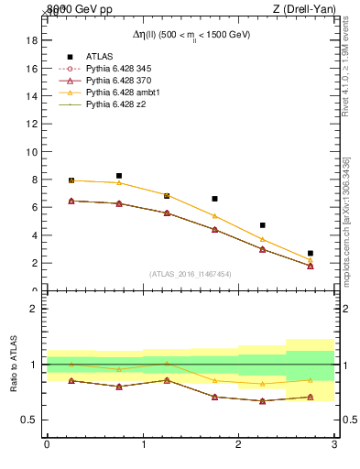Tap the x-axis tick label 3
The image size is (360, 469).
click(334, 444)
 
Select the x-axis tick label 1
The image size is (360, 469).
click(143, 444)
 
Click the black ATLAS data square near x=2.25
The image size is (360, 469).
click(263, 225)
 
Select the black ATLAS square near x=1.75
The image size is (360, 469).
click(214, 199)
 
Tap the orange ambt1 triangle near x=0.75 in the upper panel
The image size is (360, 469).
click(119, 183)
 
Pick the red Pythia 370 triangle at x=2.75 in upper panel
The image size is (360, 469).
click(311, 266)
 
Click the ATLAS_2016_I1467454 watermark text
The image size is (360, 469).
click(191, 273)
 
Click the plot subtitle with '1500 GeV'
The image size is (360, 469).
click(191, 35)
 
